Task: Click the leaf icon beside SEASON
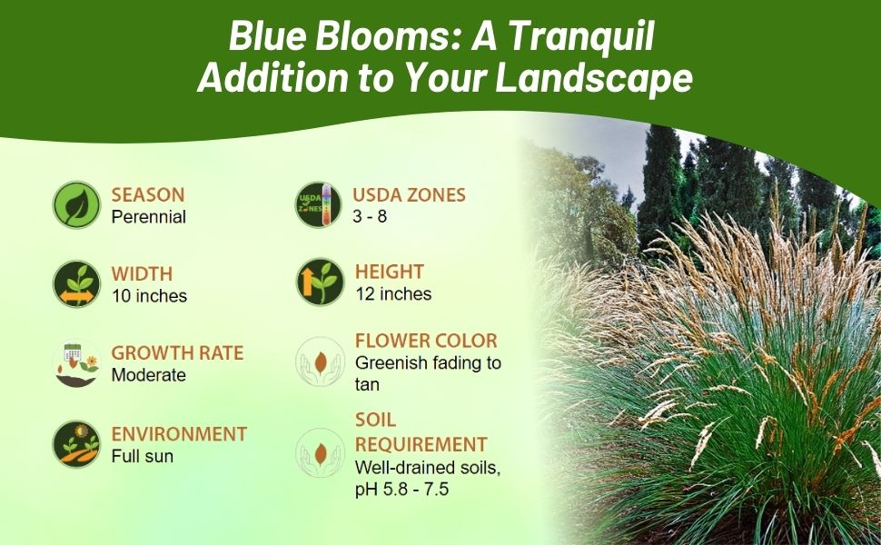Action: point(76,204)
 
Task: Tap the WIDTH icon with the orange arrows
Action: point(76,283)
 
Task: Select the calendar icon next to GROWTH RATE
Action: point(76,363)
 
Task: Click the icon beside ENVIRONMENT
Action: point(76,443)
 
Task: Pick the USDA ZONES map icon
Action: point(319,204)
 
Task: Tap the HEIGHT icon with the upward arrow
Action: point(319,282)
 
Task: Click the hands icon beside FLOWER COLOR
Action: point(319,362)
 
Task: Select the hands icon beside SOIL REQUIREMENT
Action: point(319,452)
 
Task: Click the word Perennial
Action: point(148,217)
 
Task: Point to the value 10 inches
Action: point(149,296)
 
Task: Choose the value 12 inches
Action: point(392,294)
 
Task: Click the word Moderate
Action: point(148,375)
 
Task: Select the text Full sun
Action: point(142,456)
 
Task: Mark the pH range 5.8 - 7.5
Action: point(415,490)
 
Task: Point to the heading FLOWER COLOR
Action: point(426,342)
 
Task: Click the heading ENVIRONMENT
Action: point(179,434)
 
